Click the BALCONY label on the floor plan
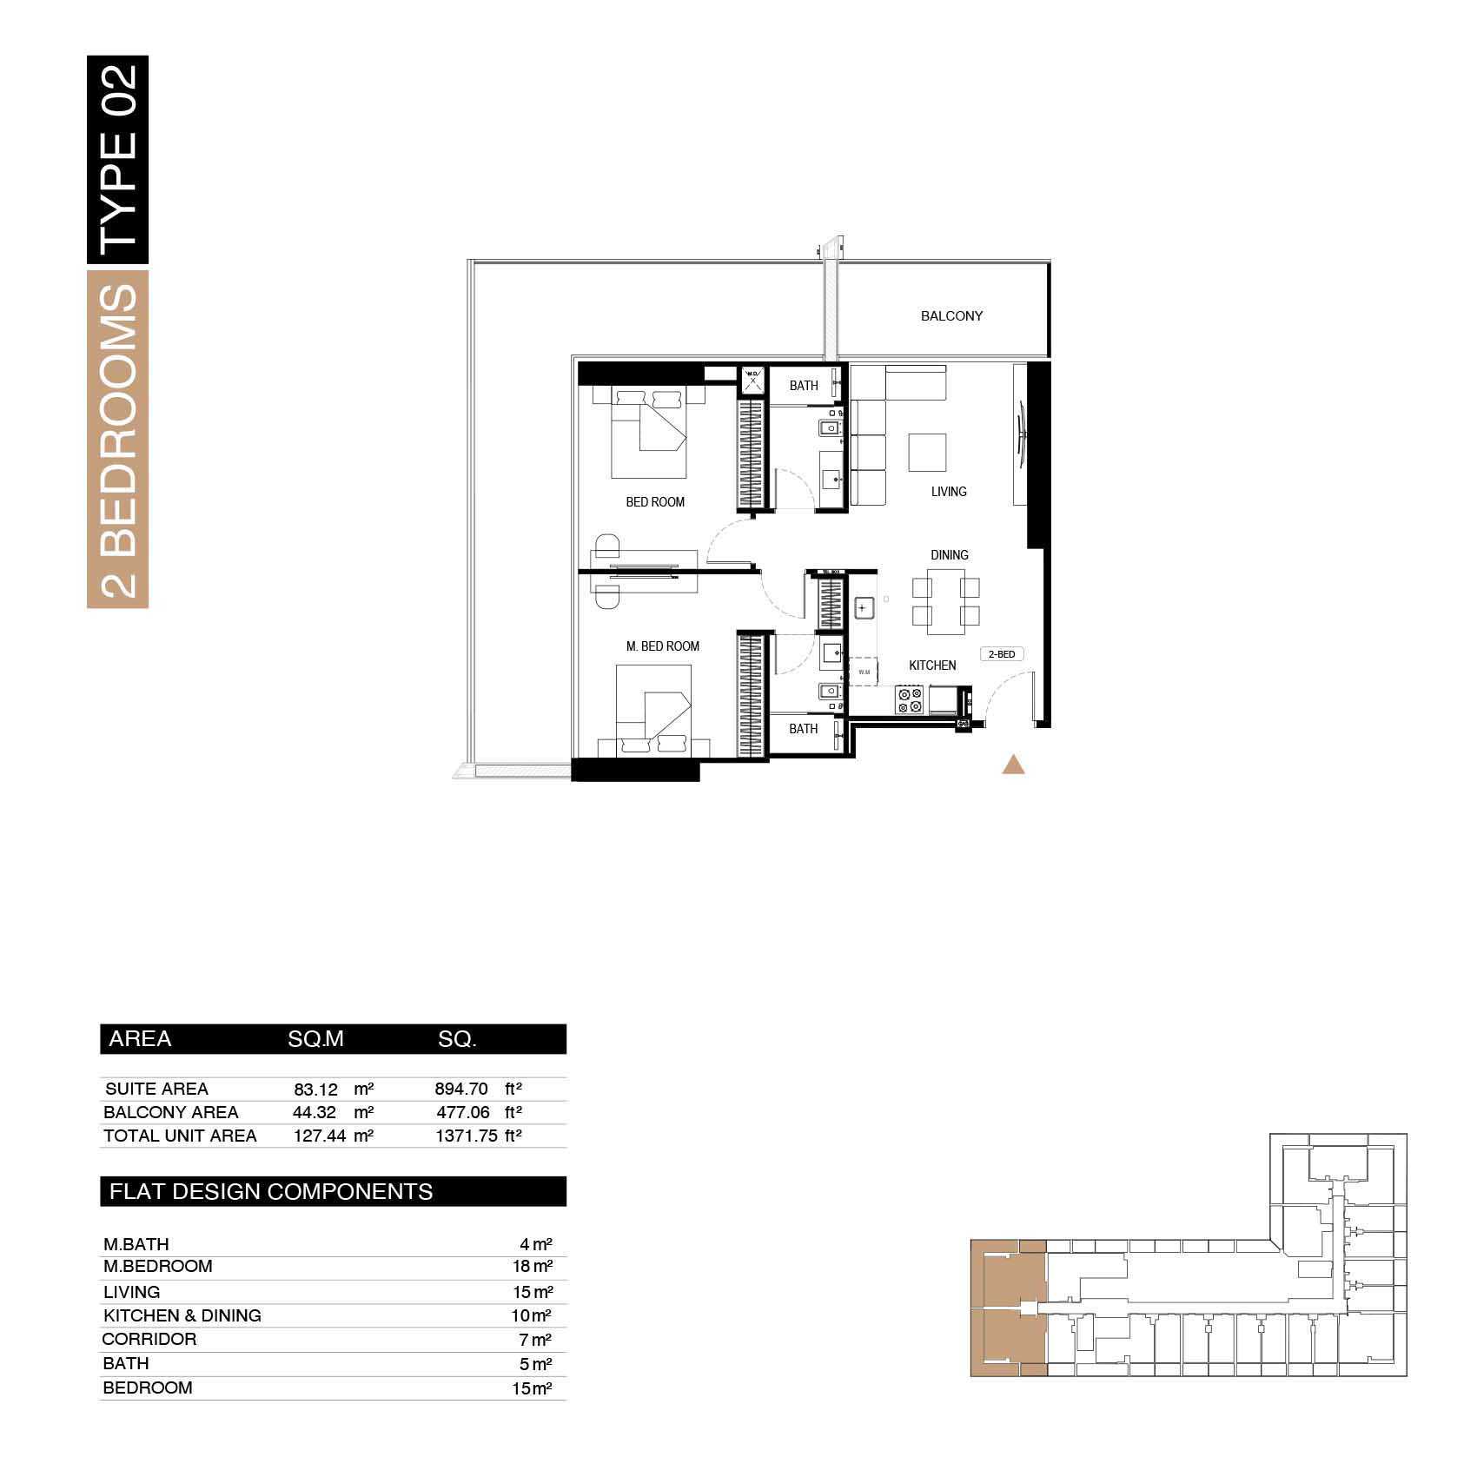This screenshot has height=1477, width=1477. (951, 316)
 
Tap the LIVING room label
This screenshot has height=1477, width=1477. (949, 492)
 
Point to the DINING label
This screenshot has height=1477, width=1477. (949, 555)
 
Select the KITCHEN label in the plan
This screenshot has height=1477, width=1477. (932, 666)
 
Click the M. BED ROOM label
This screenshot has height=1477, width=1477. (663, 646)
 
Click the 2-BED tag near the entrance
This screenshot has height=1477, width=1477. (1002, 654)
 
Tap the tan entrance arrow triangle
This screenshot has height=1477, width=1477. (1013, 765)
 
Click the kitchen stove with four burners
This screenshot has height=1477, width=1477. (911, 700)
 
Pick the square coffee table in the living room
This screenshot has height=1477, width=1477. (927, 453)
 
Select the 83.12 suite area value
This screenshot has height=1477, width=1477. (315, 1090)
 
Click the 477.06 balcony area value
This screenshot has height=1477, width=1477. (463, 1113)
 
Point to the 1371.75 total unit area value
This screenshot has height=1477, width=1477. (467, 1136)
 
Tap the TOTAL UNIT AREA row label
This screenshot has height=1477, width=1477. (180, 1136)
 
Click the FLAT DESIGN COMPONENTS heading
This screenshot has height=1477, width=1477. (271, 1192)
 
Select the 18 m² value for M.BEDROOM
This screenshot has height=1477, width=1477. (536, 1267)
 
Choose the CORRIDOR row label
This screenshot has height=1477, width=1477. (149, 1340)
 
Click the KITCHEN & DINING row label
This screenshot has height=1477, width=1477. (182, 1316)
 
